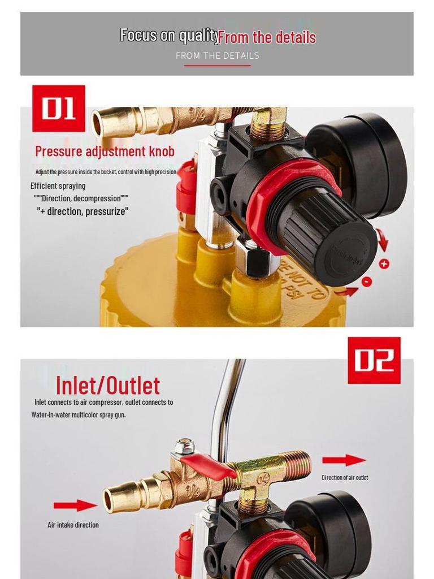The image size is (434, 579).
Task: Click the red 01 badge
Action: tap(59, 108)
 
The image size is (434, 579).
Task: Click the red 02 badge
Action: tap(374, 360)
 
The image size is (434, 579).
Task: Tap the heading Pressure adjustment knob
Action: tap(105, 152)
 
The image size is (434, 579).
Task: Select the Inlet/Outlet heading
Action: tap(108, 386)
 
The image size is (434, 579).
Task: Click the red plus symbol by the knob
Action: tap(384, 263)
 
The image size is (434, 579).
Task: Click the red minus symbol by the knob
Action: tap(367, 281)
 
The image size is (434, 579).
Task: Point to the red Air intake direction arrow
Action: tap(75, 505)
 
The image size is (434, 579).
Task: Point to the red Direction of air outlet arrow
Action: tap(344, 460)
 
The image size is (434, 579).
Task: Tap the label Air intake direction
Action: tap(73, 525)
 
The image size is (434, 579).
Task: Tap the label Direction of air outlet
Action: tap(345, 478)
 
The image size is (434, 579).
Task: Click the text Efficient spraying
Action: tap(58, 186)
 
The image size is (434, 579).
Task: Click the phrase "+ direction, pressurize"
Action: tap(83, 211)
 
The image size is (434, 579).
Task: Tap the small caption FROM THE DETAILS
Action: tap(217, 55)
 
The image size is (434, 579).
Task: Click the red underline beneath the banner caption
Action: tap(217, 66)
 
